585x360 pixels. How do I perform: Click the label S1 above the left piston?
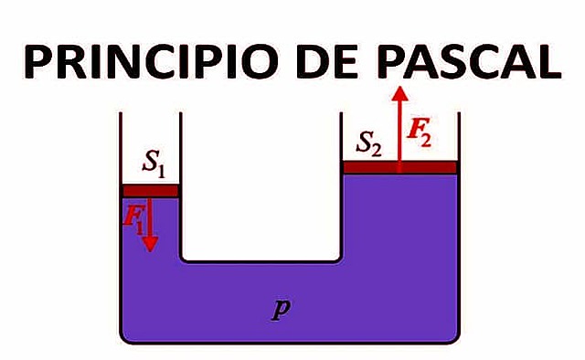pos(154,164)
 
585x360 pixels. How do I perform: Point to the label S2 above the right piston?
pos(369,142)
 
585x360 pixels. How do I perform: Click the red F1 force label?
pos(133,217)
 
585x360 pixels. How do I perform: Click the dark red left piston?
pos(150,190)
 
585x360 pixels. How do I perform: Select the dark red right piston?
pos(399,167)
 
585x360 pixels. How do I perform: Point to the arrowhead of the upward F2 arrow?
pos(399,92)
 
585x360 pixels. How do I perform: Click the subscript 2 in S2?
pos(378,147)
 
